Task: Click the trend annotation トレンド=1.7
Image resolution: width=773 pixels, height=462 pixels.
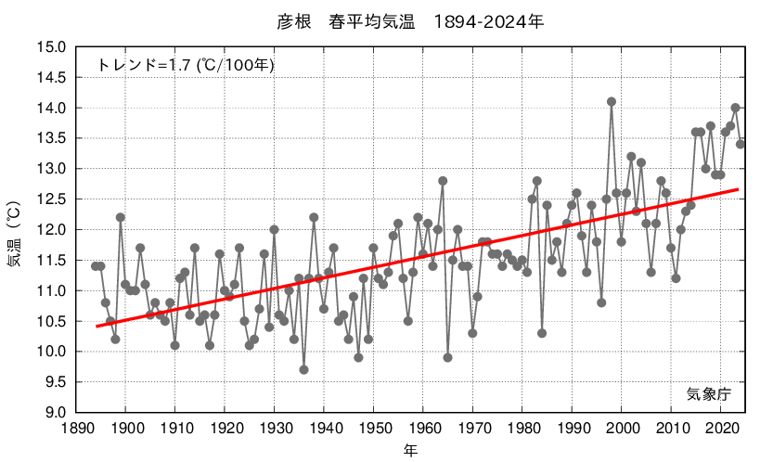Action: tap(185, 65)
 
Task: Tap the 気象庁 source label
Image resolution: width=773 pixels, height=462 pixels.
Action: tap(708, 393)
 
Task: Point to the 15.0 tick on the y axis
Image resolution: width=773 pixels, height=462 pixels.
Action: tap(50, 47)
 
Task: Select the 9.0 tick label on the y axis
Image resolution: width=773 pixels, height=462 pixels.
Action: tap(53, 413)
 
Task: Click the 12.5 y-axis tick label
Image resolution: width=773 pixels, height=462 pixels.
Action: tap(50, 199)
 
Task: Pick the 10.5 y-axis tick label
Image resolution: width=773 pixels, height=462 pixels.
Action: tap(50, 321)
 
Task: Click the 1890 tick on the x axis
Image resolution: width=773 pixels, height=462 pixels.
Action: tap(77, 428)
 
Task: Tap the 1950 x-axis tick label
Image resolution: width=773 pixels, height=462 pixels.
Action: tap(374, 428)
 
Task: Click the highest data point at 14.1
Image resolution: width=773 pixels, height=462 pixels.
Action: tap(612, 102)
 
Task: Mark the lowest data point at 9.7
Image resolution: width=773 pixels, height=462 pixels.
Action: tap(303, 369)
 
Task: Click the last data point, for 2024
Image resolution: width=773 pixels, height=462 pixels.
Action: tap(741, 144)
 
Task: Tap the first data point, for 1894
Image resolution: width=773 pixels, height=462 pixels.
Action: tap(96, 266)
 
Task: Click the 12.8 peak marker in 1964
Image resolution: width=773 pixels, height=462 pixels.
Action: tap(443, 181)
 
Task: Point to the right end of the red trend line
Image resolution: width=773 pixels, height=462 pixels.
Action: tap(738, 189)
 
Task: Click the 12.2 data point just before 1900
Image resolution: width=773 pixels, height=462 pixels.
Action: tap(120, 217)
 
